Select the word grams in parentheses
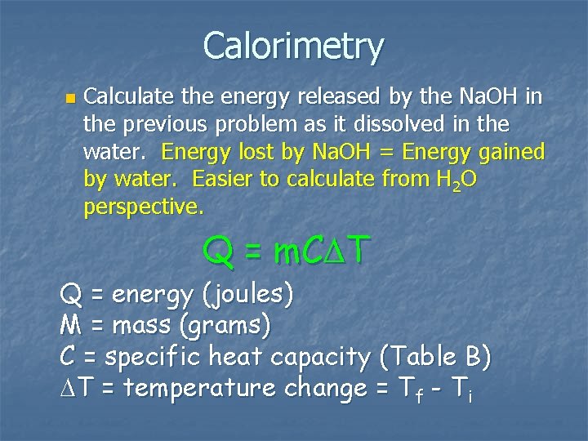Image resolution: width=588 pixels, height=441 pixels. [x=226, y=327]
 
